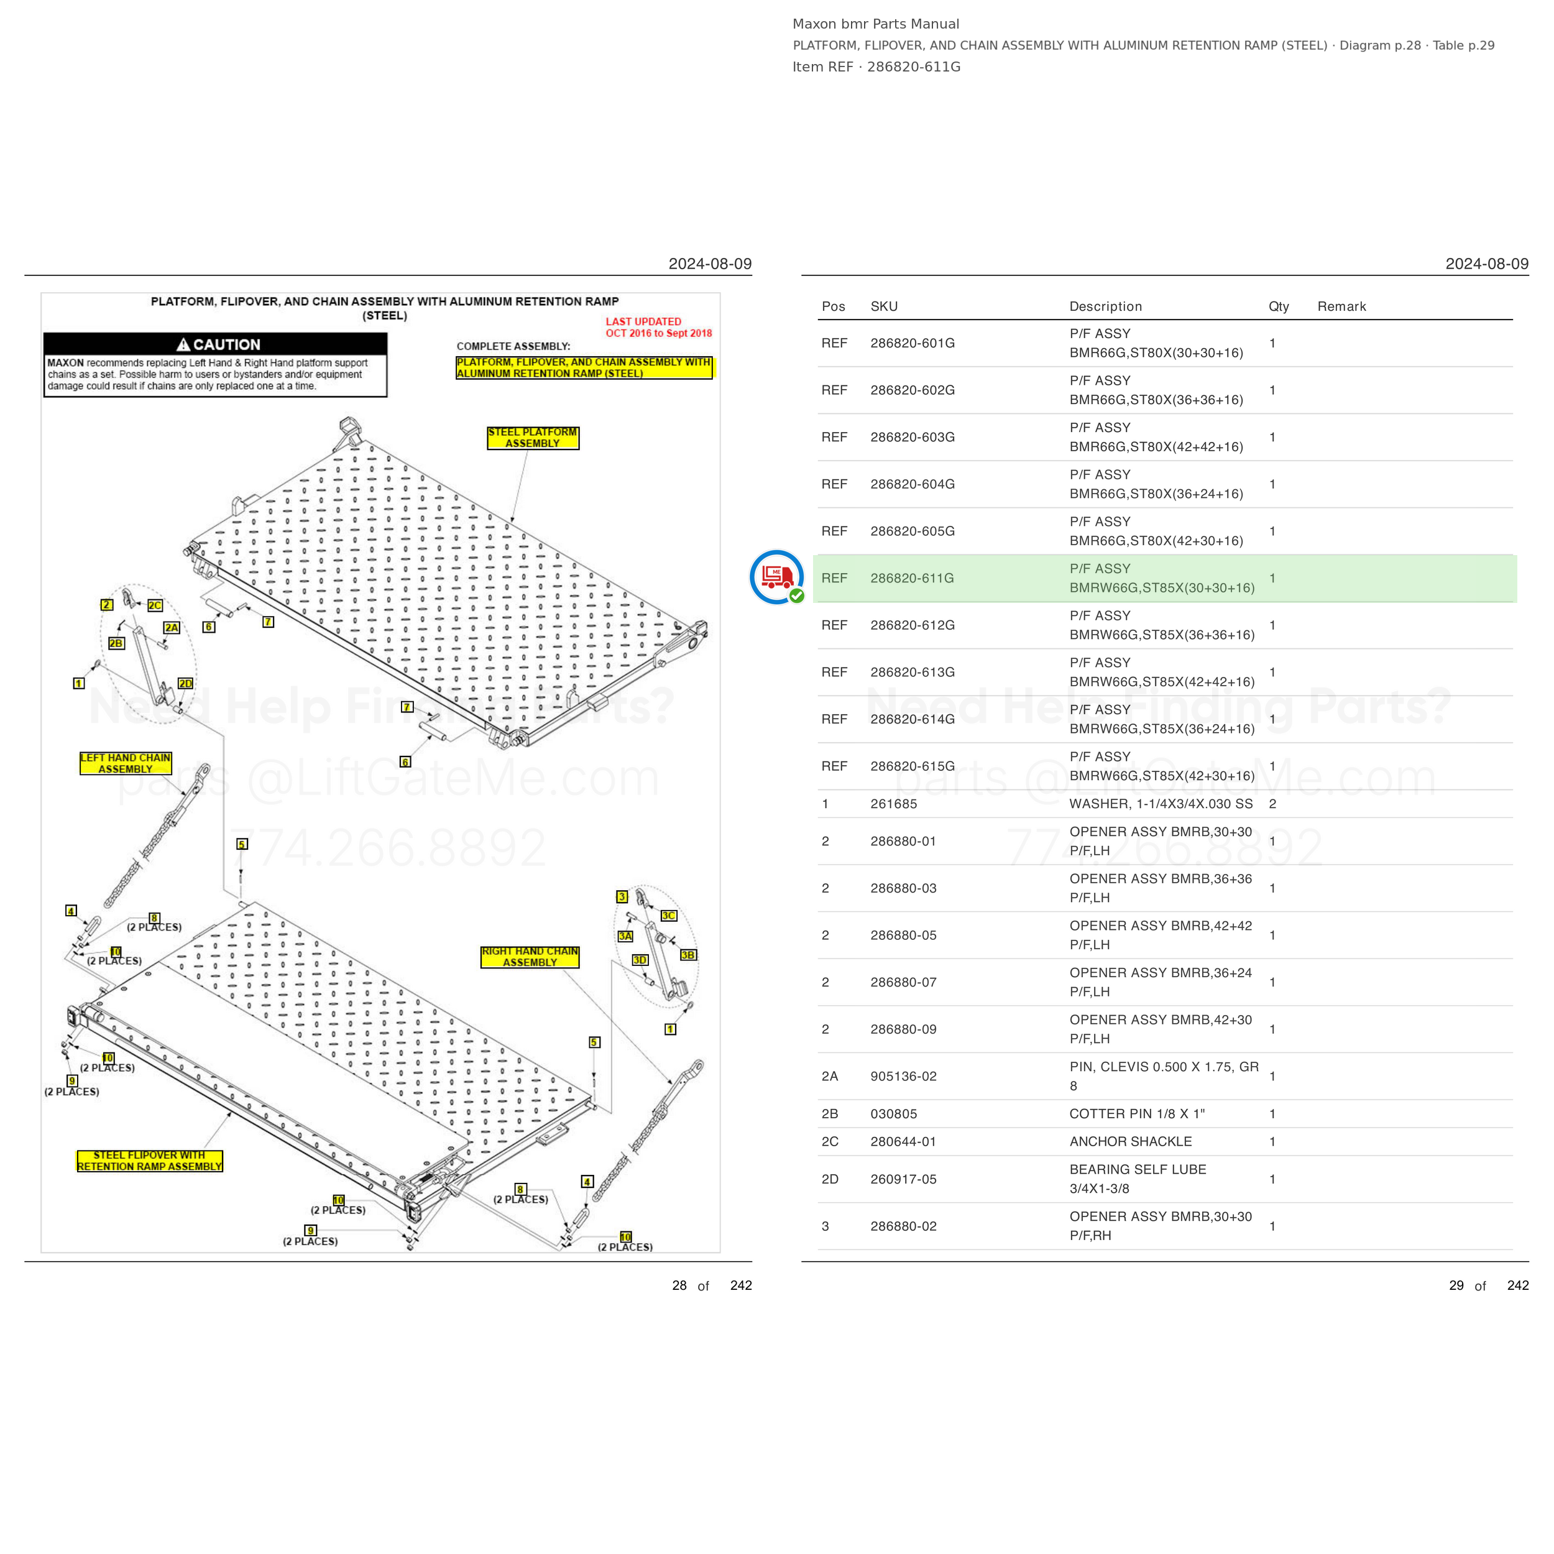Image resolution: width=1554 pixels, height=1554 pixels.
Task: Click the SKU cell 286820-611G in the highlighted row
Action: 911,578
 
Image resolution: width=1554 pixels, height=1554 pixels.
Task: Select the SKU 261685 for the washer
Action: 894,804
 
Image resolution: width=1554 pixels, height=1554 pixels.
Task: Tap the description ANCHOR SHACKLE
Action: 1130,1141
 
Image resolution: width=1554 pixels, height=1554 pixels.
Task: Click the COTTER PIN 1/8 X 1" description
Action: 1136,1114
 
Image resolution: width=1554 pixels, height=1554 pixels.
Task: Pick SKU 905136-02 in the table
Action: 903,1076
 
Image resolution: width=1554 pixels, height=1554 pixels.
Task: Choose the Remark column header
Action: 1341,306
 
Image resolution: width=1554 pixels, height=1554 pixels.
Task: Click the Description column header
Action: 1105,306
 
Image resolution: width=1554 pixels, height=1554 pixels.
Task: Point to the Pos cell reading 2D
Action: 830,1179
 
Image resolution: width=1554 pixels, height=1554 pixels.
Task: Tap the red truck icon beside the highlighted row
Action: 776,577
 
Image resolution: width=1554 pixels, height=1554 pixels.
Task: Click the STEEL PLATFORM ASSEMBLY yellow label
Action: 533,438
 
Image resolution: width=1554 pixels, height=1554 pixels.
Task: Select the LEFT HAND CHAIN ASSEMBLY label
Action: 126,763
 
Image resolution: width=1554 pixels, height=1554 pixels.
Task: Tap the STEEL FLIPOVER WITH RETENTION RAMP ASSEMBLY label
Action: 150,1161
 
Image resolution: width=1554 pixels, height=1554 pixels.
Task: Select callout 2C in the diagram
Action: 154,605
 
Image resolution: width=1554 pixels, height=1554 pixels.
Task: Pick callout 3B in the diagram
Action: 689,955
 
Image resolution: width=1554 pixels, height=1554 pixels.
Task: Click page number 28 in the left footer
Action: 679,1285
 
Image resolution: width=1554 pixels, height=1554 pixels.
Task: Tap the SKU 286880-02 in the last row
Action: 903,1226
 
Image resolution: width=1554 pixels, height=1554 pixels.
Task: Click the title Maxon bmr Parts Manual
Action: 876,24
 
